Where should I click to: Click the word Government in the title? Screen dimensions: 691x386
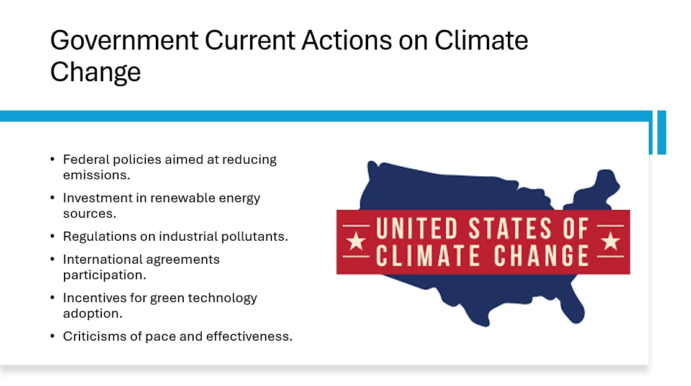tap(124, 41)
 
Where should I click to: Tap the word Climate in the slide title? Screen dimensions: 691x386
tap(481, 40)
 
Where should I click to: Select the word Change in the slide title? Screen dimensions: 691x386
tap(95, 72)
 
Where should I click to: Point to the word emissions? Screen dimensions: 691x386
tap(96, 175)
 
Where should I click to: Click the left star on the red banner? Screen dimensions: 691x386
tap(356, 241)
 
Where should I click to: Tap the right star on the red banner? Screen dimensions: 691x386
tap(611, 241)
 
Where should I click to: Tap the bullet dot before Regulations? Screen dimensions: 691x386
tap(52, 236)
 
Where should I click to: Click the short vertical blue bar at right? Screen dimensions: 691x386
tap(661, 132)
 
